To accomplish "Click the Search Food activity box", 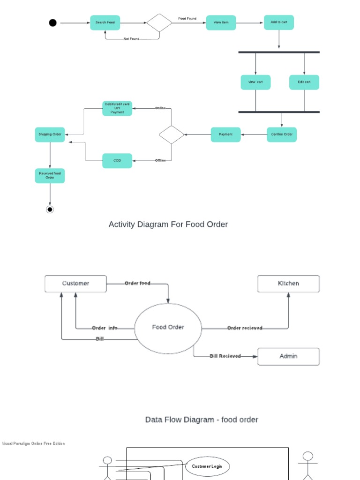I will coord(105,22).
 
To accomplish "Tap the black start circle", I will coord(52,22).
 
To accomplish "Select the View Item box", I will coord(221,22).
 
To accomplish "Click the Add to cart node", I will coord(279,22).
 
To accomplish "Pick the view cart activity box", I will coord(255,82).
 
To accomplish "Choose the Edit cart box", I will coord(304,82).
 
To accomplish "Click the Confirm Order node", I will coord(282,135).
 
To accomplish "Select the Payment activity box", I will coord(225,135).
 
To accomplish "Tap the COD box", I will coord(117,161).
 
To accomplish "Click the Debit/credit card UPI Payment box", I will coord(117,108).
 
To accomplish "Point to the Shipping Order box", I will coord(50,135).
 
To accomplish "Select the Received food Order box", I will coord(50,176).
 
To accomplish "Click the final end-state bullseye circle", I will coord(50,210).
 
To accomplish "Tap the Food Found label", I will coord(187,19).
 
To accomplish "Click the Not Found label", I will coord(131,39).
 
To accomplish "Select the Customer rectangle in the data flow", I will coord(75,284).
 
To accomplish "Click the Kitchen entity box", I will coord(288,284).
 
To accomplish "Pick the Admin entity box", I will coord(288,356).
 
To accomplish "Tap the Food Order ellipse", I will coord(168,328).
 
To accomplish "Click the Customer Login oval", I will coord(207,466).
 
